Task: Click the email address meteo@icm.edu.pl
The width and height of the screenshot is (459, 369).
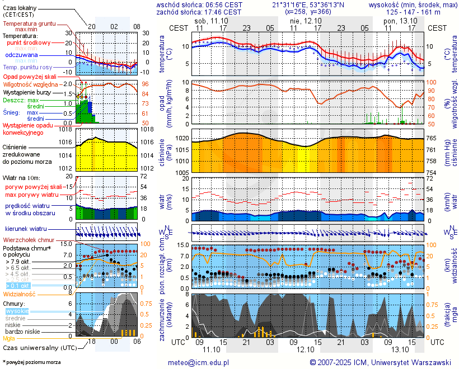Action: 198,362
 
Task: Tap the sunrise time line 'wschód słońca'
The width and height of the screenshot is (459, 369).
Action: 199,4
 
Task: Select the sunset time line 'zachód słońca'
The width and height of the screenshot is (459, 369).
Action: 199,12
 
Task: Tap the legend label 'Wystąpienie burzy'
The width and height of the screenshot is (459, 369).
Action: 29,91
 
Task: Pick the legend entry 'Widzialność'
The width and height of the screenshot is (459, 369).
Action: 20,294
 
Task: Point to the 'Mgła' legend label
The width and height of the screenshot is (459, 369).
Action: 9,338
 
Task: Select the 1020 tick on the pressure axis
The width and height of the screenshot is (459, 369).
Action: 181,138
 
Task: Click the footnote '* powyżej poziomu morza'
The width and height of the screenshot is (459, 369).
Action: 32,362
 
